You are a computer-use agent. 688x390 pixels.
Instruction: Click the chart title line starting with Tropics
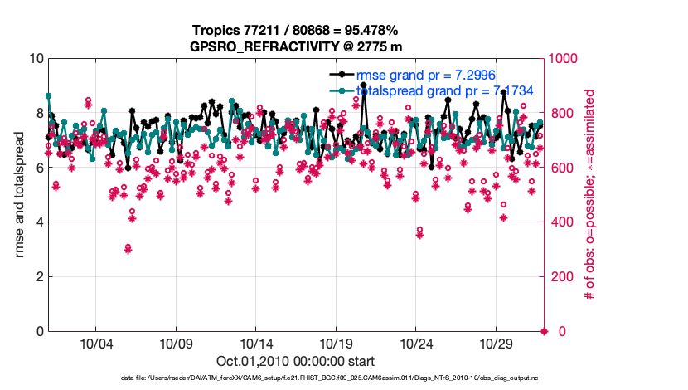(296, 31)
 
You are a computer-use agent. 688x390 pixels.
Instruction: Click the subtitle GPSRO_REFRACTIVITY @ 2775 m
(296, 46)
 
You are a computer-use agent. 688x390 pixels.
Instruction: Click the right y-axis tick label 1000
(565, 59)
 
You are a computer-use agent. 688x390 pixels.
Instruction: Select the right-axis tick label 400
(562, 222)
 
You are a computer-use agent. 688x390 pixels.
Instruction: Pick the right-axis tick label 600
(562, 168)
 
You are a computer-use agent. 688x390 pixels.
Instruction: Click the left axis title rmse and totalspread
(19, 195)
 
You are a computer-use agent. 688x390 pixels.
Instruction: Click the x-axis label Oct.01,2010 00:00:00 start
(296, 362)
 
